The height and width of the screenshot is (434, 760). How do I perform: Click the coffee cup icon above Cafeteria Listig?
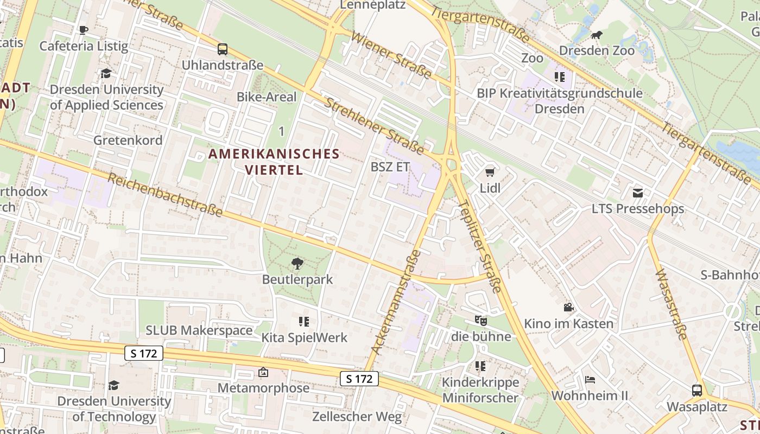[x=83, y=30]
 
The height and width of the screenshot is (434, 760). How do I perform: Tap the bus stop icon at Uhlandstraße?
[x=223, y=49]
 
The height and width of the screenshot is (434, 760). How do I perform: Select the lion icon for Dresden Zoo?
[x=597, y=35]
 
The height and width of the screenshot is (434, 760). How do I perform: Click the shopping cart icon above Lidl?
[x=490, y=173]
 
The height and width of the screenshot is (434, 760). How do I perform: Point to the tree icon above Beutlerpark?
[x=297, y=264]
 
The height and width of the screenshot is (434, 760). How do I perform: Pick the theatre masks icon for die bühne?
[x=480, y=321]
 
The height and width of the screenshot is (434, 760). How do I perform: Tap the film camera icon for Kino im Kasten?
[x=568, y=308]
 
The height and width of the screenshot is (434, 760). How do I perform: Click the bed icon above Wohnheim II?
[x=590, y=380]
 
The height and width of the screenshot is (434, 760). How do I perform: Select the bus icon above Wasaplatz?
[x=696, y=390]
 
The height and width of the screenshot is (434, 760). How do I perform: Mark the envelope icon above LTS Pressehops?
[x=637, y=193]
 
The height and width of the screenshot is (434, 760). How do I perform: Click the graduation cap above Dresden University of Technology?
[x=113, y=385]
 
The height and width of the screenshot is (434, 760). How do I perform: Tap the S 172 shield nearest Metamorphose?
[x=359, y=379]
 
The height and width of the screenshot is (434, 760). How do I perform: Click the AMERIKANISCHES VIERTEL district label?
[x=274, y=162]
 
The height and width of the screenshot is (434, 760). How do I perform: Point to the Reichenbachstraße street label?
[x=166, y=195]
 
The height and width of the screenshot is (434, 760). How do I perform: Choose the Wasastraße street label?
[x=672, y=304]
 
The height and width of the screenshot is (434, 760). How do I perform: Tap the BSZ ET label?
[x=390, y=167]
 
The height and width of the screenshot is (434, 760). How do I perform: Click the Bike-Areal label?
[x=267, y=97]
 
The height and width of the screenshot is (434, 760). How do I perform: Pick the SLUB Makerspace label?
[x=199, y=330]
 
